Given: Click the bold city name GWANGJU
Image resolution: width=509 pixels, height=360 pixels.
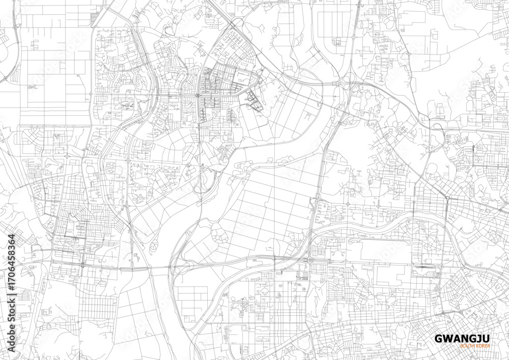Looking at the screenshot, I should click(x=456, y=338).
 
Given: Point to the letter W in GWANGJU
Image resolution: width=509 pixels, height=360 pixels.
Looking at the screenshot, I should click(x=444, y=338).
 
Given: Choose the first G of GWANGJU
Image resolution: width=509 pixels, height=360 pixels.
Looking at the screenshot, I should click(x=437, y=338).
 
